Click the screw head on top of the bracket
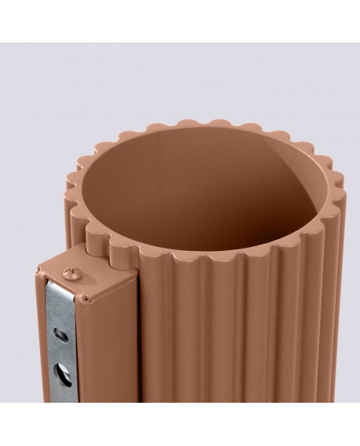click(70, 274)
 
